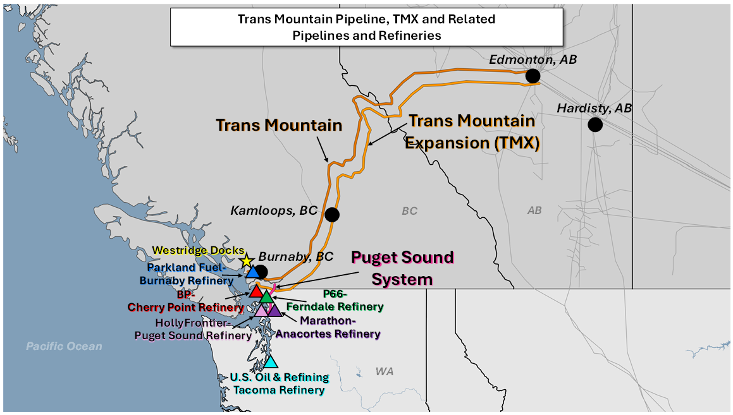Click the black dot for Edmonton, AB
[x=533, y=76]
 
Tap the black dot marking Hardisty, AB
[x=594, y=124]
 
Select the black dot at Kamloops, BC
[x=331, y=215]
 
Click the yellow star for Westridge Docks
[x=247, y=261]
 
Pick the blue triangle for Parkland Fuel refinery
[x=252, y=272]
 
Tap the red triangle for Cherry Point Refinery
[x=256, y=291]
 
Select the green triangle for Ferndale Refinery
[x=266, y=296]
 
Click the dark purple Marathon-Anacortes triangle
[x=273, y=310]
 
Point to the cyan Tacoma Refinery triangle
[x=271, y=361]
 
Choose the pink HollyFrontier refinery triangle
[x=262, y=310]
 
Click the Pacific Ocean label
[x=64, y=346]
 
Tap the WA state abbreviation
[x=384, y=371]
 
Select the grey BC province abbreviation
[x=409, y=211]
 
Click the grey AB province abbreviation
[x=534, y=210]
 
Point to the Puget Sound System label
[x=402, y=267]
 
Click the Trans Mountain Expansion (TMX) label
[x=472, y=131]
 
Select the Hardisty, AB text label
[x=594, y=109]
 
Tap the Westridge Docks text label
[x=197, y=251]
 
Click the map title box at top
[x=366, y=27]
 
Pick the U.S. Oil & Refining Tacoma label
[x=279, y=383]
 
